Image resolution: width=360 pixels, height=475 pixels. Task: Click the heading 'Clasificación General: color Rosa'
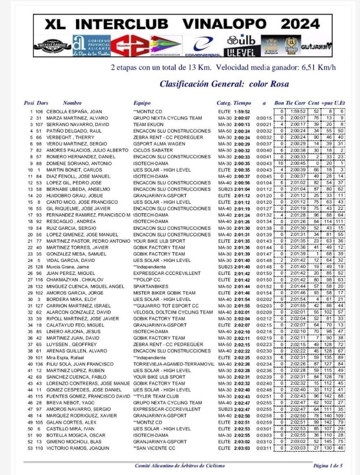click(x=224, y=84)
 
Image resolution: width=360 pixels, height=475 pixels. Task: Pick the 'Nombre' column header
click(x=72, y=103)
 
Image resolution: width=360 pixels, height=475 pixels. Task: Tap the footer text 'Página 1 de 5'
click(x=327, y=465)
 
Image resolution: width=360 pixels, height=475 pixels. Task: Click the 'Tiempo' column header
click(x=242, y=103)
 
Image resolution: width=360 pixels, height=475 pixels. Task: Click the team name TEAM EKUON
click(x=146, y=124)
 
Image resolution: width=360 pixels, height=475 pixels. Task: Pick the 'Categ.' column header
click(x=223, y=103)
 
